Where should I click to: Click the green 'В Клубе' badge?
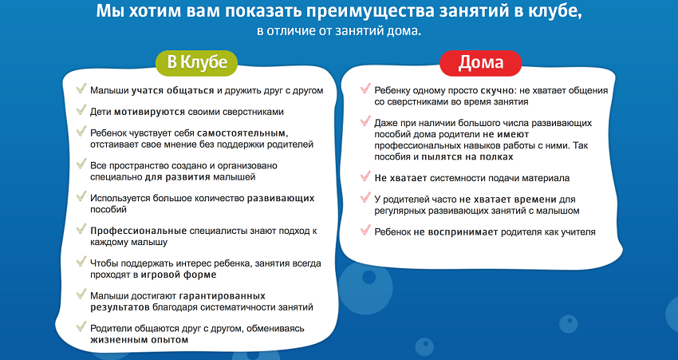(196, 63)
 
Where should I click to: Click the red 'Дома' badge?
(480, 63)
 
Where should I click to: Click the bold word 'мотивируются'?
(149, 112)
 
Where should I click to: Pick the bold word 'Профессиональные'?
(138, 231)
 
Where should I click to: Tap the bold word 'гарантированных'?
(222, 296)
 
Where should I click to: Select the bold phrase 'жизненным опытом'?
(140, 340)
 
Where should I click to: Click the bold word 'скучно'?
(497, 91)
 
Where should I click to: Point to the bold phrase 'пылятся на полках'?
(467, 156)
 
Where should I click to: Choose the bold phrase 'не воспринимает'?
(455, 232)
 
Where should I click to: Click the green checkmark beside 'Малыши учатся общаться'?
(81, 89)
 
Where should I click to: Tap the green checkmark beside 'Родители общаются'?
(81, 326)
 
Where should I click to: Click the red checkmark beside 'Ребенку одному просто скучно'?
(365, 89)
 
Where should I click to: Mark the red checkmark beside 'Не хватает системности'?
(365, 176)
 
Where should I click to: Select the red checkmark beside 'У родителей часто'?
(365, 198)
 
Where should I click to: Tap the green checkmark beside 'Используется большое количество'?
(81, 196)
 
